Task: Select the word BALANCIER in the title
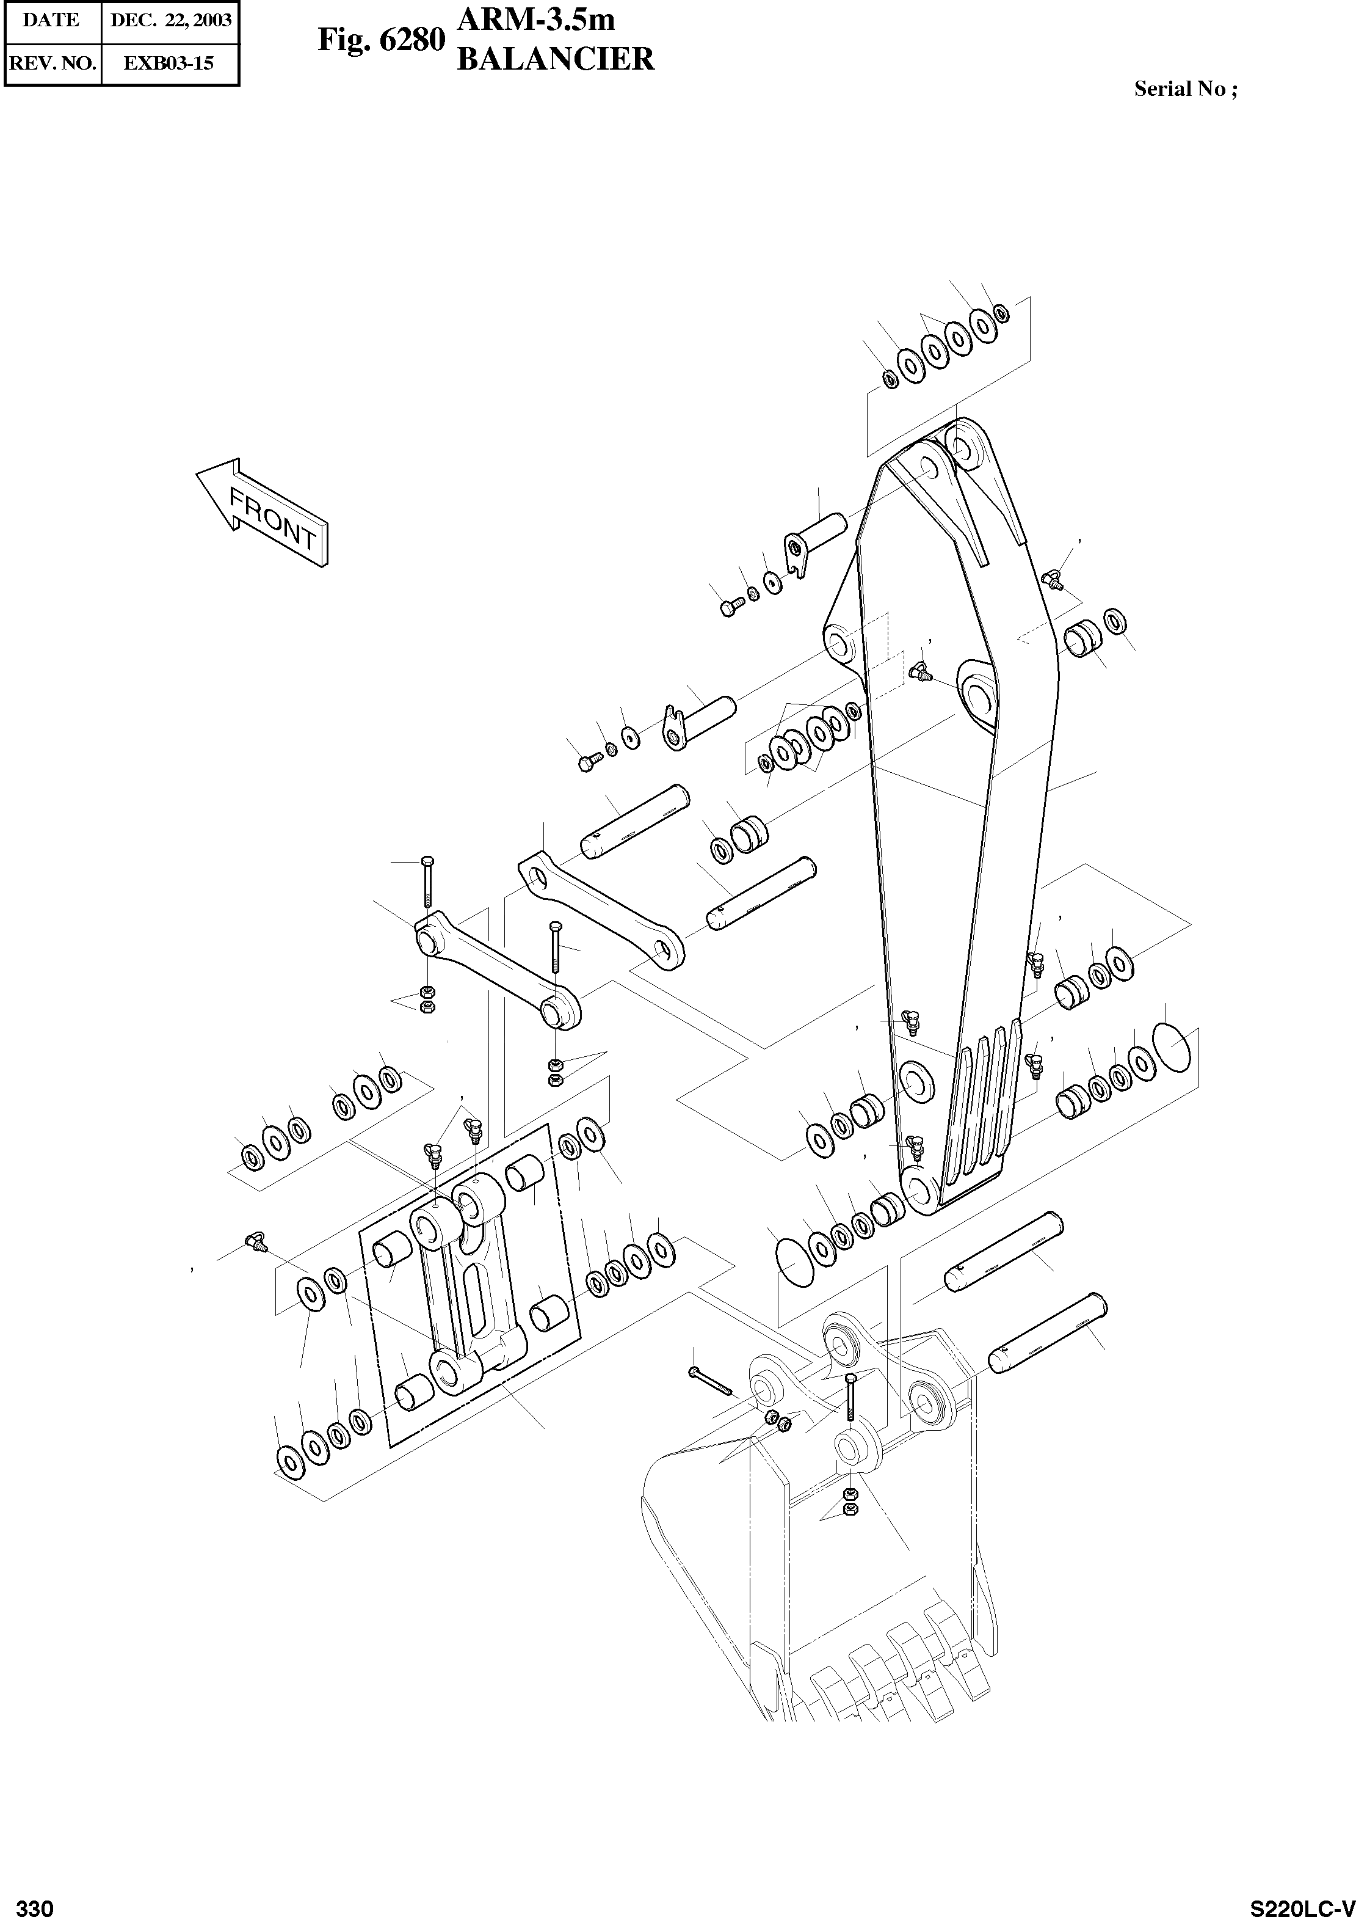tap(555, 59)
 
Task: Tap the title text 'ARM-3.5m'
tap(536, 18)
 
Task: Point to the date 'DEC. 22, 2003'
tap(170, 21)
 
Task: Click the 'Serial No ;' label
tap(1185, 89)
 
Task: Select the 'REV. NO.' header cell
tap(52, 63)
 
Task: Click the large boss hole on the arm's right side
tap(977, 691)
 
